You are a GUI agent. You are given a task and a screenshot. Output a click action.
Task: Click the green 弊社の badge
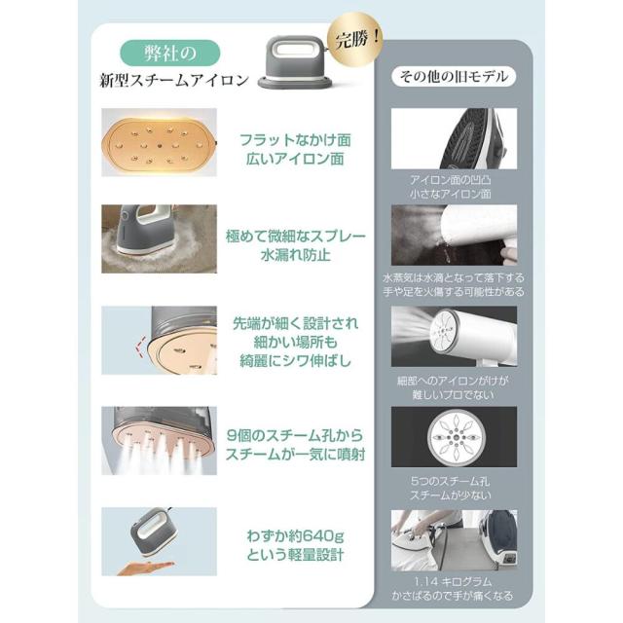click(x=170, y=51)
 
